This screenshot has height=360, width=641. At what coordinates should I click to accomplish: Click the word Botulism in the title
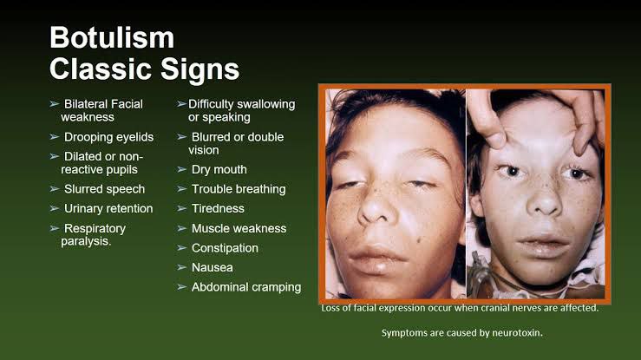pyautogui.click(x=112, y=37)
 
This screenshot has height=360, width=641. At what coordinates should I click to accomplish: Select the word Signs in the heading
pyautogui.click(x=199, y=69)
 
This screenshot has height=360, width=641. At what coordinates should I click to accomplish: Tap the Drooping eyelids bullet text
pyautogui.click(x=108, y=137)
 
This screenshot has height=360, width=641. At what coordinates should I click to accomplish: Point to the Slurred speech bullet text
pyautogui.click(x=104, y=189)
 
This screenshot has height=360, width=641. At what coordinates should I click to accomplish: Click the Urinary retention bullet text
pyautogui.click(x=108, y=209)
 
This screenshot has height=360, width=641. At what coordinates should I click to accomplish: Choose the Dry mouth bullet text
pyautogui.click(x=219, y=169)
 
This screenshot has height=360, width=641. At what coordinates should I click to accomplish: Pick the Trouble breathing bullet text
pyautogui.click(x=239, y=189)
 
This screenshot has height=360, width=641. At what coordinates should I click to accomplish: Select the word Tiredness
pyautogui.click(x=218, y=209)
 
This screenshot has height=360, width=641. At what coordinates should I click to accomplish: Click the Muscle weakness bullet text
pyautogui.click(x=239, y=228)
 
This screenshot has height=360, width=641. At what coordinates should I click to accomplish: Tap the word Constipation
pyautogui.click(x=225, y=248)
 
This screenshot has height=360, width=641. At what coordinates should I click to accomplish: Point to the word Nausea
pyautogui.click(x=213, y=268)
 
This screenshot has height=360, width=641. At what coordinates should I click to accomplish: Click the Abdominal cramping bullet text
pyautogui.click(x=246, y=287)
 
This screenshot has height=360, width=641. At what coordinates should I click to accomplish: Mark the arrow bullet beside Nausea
pyautogui.click(x=182, y=268)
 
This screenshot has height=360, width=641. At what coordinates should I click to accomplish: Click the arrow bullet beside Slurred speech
pyautogui.click(x=55, y=189)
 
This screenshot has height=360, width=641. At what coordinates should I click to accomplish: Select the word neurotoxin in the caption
pyautogui.click(x=517, y=333)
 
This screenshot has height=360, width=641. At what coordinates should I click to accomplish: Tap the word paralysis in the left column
pyautogui.click(x=86, y=241)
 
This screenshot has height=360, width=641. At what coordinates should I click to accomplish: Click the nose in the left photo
pyautogui.click(x=376, y=206)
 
